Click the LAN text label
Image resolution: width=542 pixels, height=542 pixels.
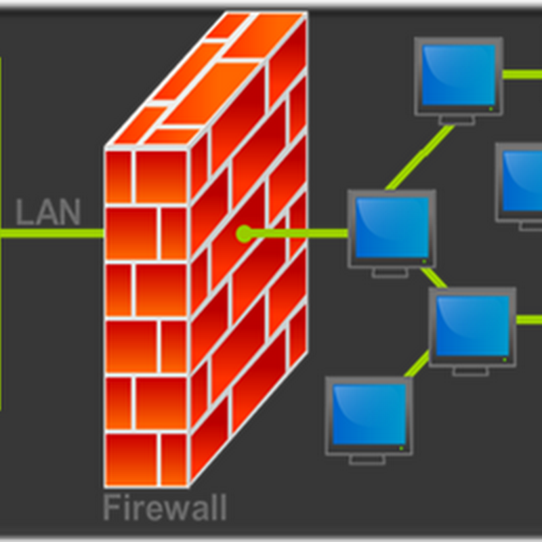pos(48,211)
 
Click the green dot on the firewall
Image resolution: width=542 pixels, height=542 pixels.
pos(243,234)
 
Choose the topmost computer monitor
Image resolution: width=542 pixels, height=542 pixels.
pos(459,76)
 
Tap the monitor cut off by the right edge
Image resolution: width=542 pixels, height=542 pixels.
pos(520,181)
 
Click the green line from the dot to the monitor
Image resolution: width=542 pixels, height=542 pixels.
pos(298,234)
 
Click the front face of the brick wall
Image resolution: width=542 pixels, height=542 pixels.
pos(146,318)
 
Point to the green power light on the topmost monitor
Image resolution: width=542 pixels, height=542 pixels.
pos(491,107)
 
